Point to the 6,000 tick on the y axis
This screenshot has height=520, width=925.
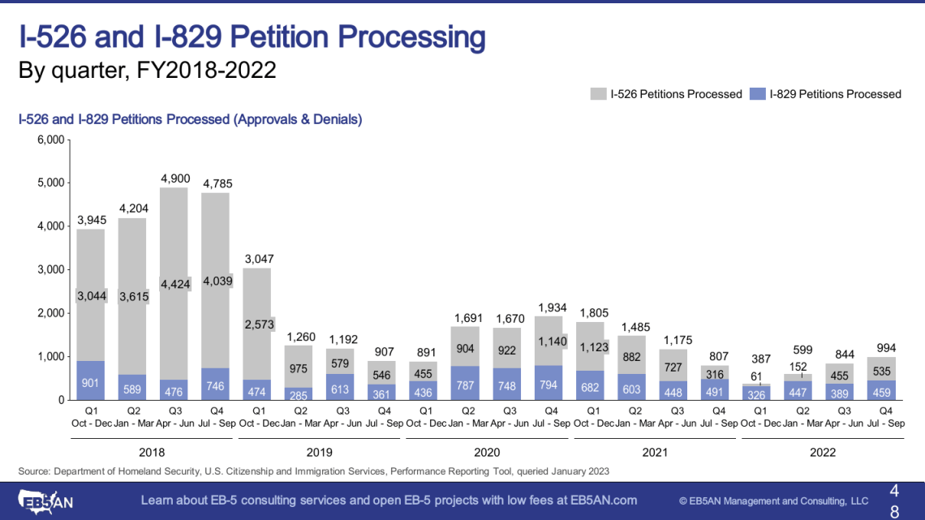coord(52,140)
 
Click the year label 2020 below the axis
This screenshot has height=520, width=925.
coord(487,452)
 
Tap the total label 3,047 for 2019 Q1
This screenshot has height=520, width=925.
coord(259,259)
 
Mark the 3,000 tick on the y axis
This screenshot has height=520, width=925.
coord(52,269)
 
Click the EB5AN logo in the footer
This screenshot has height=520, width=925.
coord(49,500)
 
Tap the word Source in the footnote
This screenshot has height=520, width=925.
coord(34,471)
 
